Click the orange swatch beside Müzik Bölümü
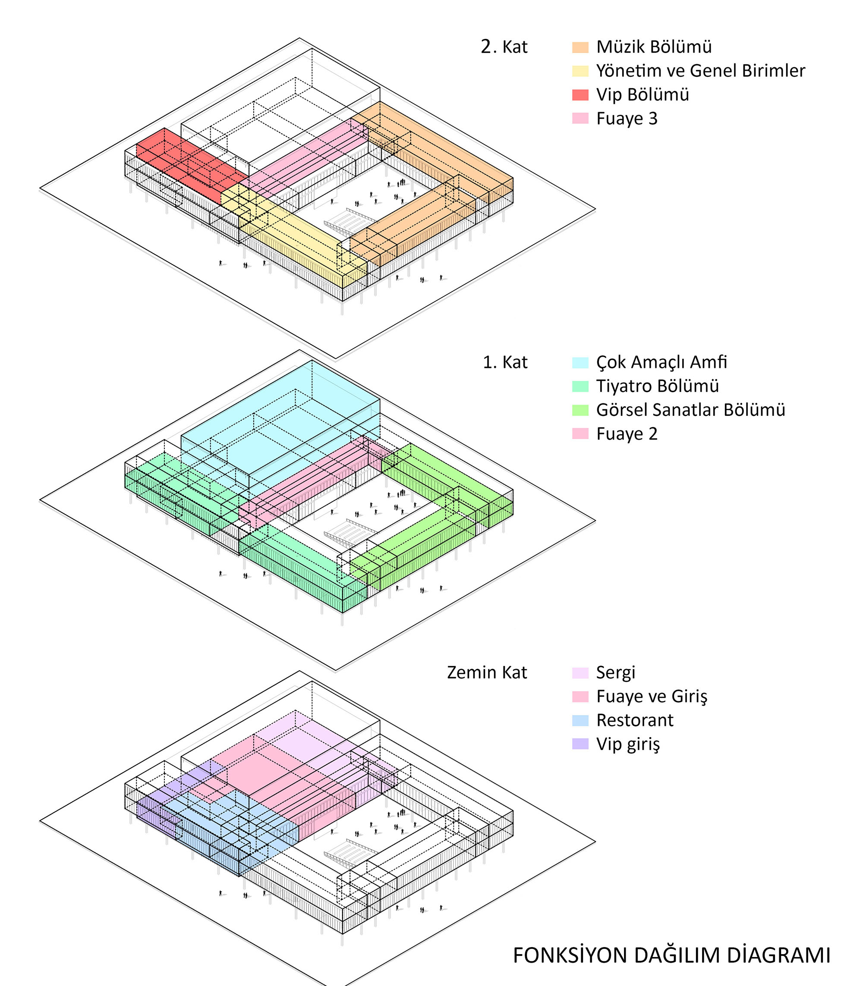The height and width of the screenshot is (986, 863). point(580,47)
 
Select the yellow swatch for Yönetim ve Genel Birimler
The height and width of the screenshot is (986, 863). point(580,71)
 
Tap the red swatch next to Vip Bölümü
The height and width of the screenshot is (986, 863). point(580,95)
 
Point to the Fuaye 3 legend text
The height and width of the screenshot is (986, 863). point(627,119)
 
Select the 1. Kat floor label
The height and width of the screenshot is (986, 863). point(505,363)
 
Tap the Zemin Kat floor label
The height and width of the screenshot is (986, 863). point(487,672)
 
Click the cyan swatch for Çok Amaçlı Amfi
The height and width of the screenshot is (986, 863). point(580,363)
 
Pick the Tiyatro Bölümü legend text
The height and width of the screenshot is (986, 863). point(657,386)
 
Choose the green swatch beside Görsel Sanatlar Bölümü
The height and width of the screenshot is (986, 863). point(580,410)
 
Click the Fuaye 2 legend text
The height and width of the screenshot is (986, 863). point(627,434)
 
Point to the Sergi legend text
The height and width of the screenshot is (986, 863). point(615,672)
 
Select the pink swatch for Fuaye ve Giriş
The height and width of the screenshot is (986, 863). point(580,696)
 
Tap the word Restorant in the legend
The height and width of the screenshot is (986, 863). point(635,720)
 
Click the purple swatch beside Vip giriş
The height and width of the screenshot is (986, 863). point(580,744)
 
